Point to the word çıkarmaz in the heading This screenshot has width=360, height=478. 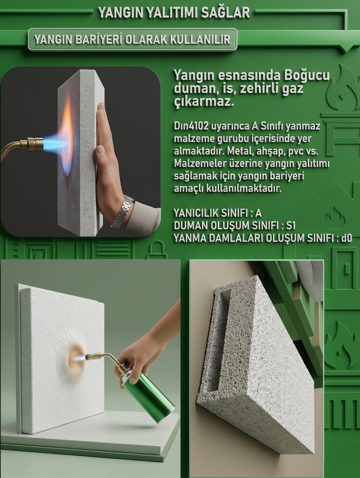(x=203, y=101)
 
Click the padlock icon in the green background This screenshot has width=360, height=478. (x=157, y=251)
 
